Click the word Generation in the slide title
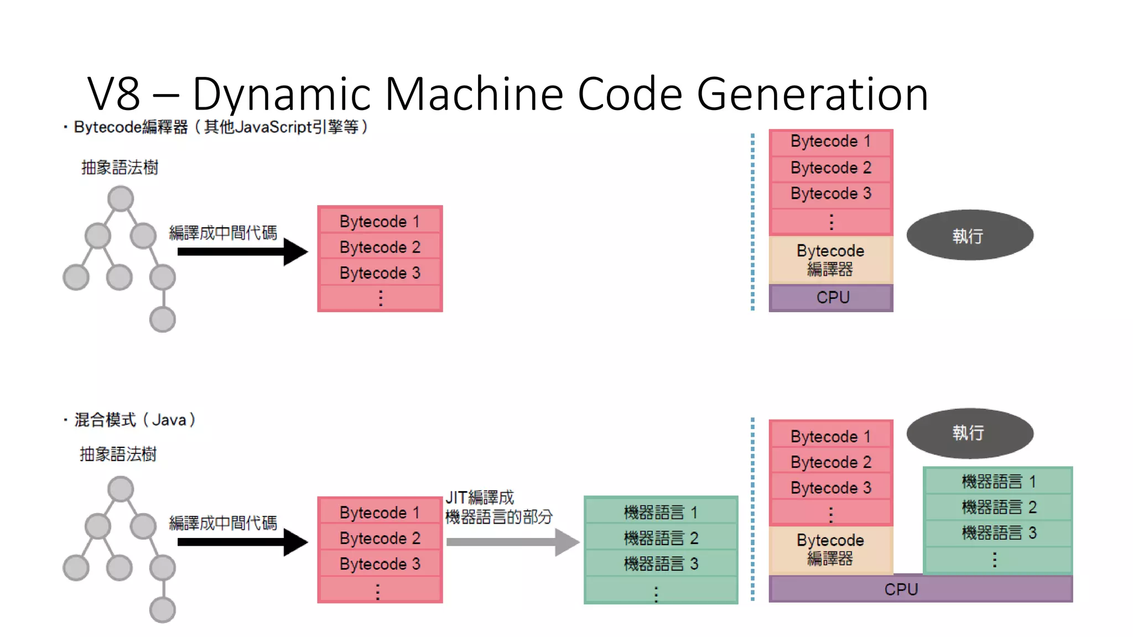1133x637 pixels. point(812,94)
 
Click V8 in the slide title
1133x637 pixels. point(114,94)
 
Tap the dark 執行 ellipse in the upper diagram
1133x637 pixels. point(969,236)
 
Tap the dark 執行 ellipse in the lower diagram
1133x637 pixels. point(969,433)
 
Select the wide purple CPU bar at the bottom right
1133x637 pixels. point(920,589)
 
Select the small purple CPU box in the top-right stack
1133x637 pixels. point(831,297)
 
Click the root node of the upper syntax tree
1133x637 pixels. point(121,199)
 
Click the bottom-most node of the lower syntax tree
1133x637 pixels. point(163,610)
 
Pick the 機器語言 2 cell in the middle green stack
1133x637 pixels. point(661,538)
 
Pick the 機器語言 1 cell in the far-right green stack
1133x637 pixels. point(998,481)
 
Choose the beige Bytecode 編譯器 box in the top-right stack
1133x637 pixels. point(831,260)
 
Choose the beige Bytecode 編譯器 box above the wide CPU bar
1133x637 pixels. point(831,549)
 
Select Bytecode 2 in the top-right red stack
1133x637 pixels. point(831,168)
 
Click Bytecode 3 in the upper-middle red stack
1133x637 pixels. point(380,273)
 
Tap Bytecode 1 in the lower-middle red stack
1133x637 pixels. point(380,512)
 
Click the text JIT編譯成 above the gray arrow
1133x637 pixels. point(480,498)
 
